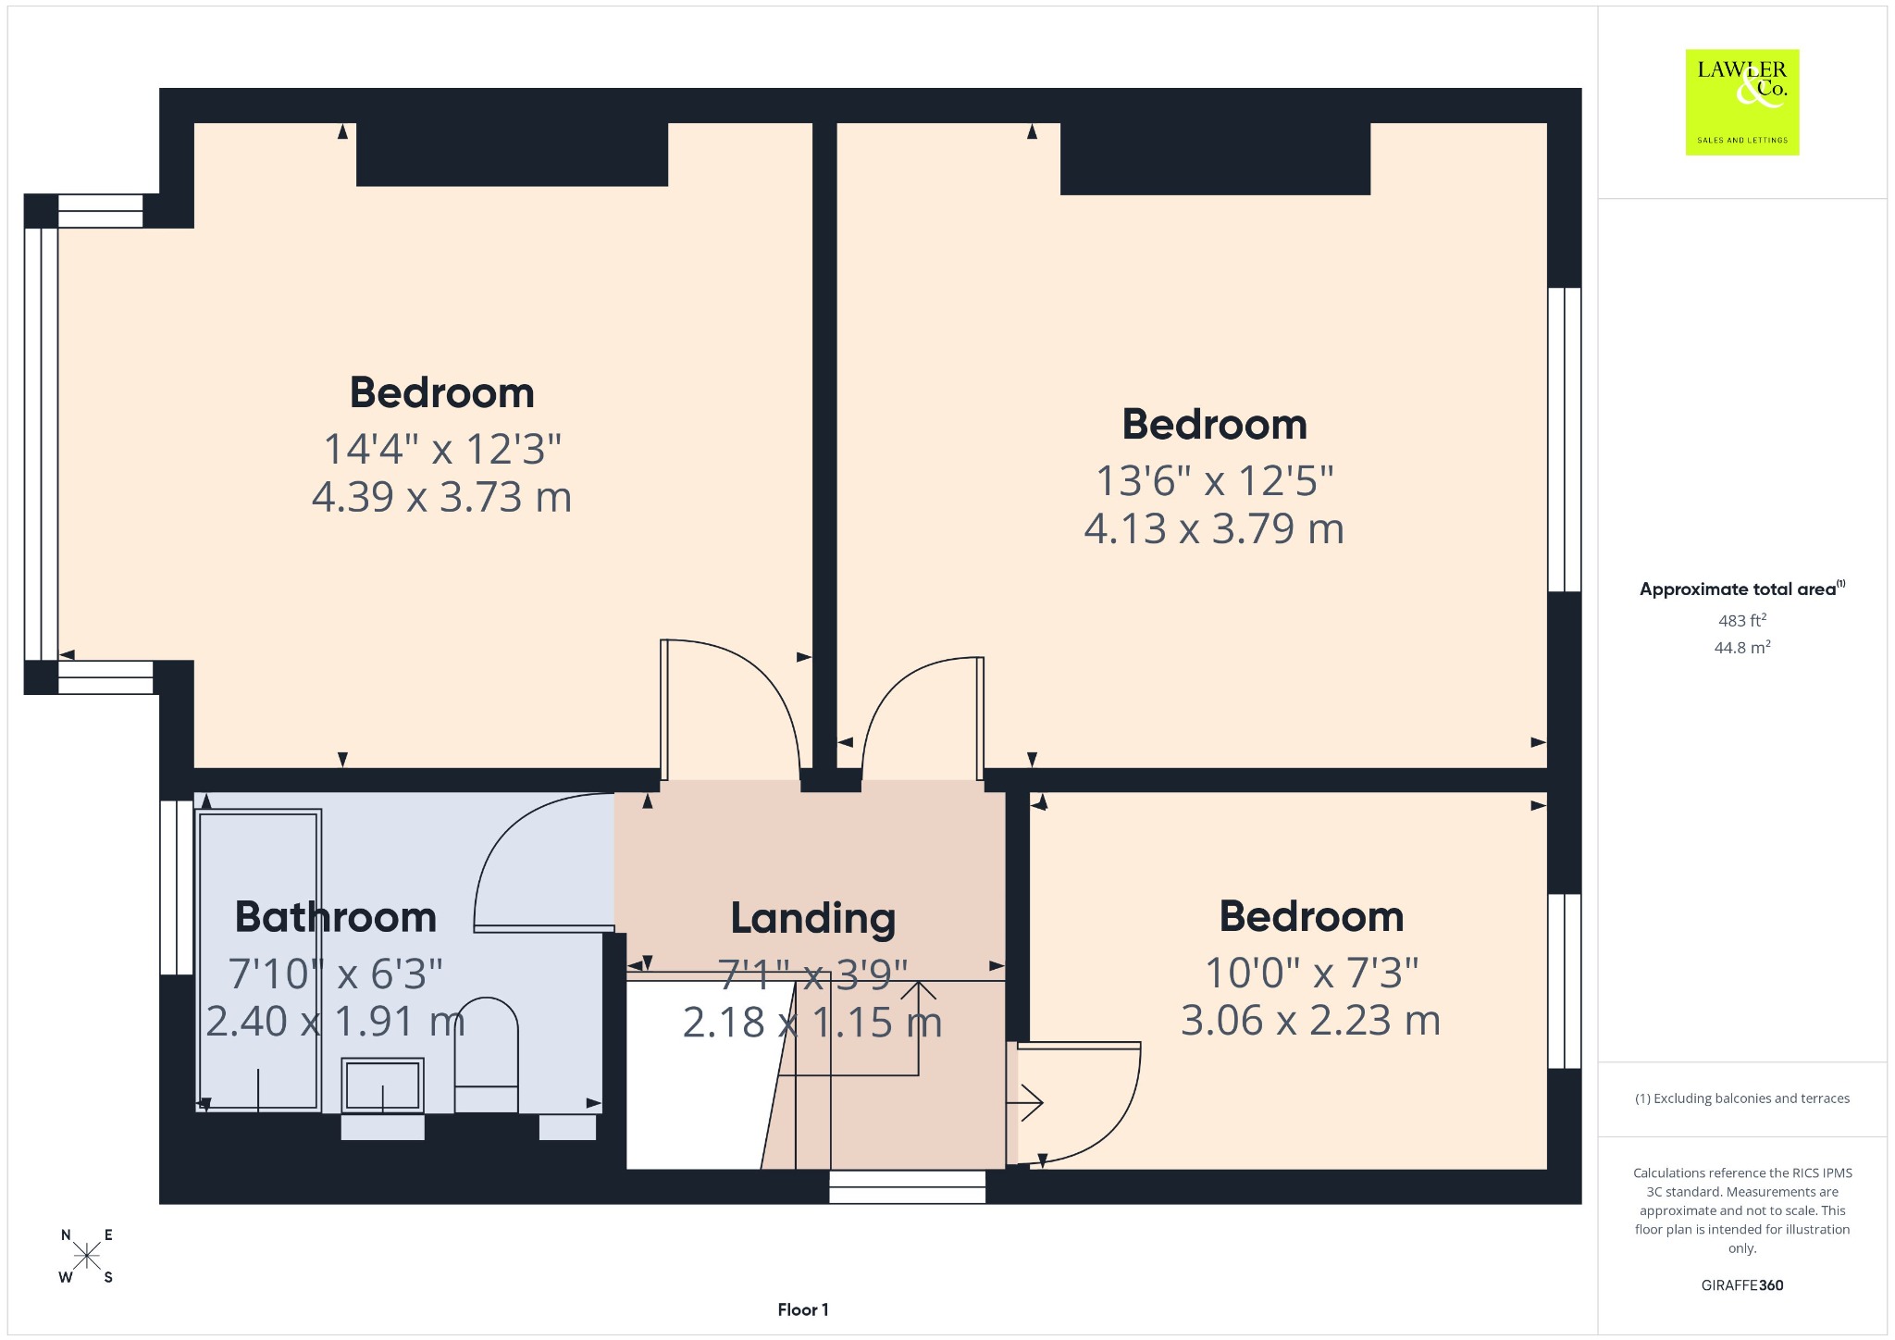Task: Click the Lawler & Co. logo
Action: click(x=1741, y=102)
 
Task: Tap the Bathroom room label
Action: click(x=336, y=917)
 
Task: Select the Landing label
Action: click(x=813, y=918)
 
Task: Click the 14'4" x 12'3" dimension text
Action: click(x=442, y=449)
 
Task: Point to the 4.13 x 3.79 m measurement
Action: click(x=1214, y=528)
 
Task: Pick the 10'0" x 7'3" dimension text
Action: click(x=1311, y=973)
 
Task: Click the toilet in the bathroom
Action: click(x=487, y=1055)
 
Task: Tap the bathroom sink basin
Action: click(x=382, y=1085)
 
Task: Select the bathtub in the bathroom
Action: click(x=259, y=960)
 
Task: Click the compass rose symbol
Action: click(x=87, y=1256)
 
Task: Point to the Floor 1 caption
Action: click(x=803, y=1309)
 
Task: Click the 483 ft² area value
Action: click(x=1742, y=620)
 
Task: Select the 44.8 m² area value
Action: click(x=1742, y=647)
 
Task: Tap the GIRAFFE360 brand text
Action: click(x=1742, y=1284)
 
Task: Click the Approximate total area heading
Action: click(x=1741, y=589)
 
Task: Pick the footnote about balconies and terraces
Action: click(x=1742, y=1098)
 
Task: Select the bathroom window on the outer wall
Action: click(x=177, y=887)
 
